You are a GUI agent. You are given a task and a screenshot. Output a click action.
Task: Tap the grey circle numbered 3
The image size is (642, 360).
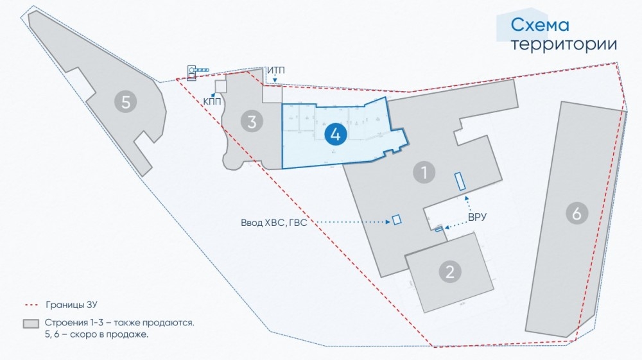pos(252,121)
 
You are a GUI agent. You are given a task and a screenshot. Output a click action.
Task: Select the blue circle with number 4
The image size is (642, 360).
pos(336,134)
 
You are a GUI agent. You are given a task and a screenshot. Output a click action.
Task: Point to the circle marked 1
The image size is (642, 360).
pos(424,172)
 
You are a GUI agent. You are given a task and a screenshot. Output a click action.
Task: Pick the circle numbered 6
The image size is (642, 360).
pos(577,213)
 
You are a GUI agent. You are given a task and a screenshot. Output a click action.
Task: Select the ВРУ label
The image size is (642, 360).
pos(477,218)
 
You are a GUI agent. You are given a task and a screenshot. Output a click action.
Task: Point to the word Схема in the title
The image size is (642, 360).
pos(540,25)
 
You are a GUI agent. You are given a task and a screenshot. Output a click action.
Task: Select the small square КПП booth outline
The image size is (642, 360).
pos(221,87)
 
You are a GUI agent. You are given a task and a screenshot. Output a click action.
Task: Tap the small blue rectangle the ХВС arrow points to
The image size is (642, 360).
pos(397,219)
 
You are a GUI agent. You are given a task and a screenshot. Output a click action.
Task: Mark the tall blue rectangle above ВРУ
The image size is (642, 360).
pos(460,181)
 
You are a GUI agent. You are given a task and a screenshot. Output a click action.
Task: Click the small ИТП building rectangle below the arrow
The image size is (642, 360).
pos(272,94)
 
